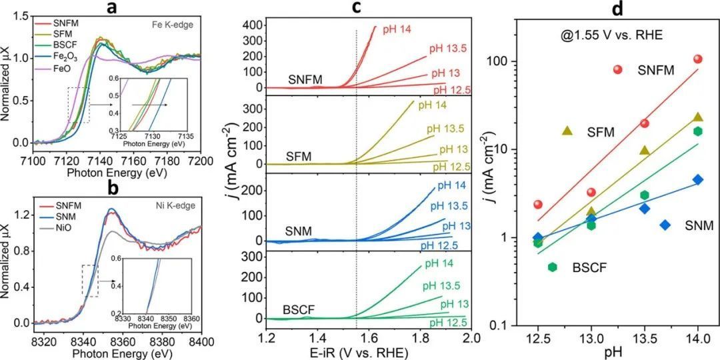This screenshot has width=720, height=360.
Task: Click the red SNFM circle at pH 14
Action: [x=698, y=59]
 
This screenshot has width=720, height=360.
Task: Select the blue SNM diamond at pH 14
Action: [x=698, y=179]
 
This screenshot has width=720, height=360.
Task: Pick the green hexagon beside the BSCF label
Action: [x=552, y=267]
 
